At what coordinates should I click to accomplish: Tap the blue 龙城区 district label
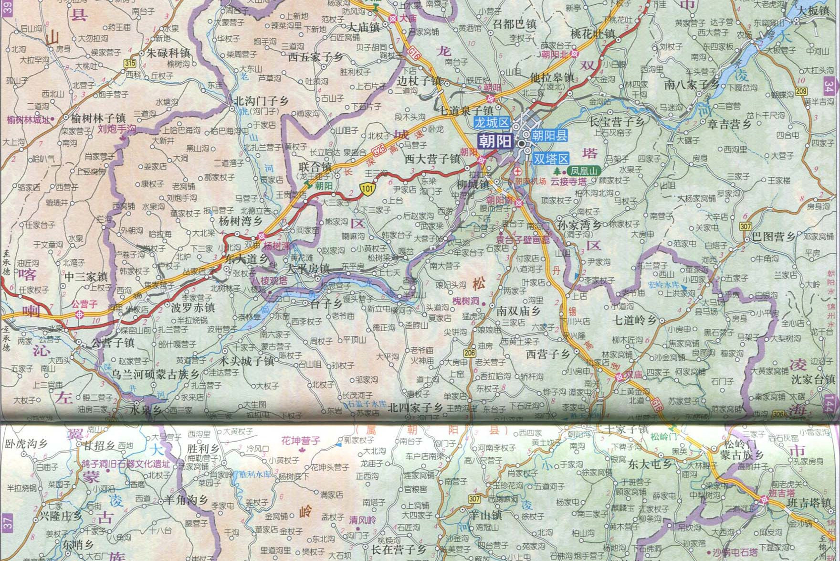(x=492, y=122)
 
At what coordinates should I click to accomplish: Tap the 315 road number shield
(x=129, y=63)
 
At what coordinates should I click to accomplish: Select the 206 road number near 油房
(x=470, y=353)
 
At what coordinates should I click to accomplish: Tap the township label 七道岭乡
(x=641, y=320)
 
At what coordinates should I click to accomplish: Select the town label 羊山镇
(x=485, y=515)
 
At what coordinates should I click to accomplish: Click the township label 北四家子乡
(x=415, y=408)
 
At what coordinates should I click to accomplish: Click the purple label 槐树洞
(x=466, y=301)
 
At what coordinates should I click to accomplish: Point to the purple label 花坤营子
(x=301, y=440)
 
